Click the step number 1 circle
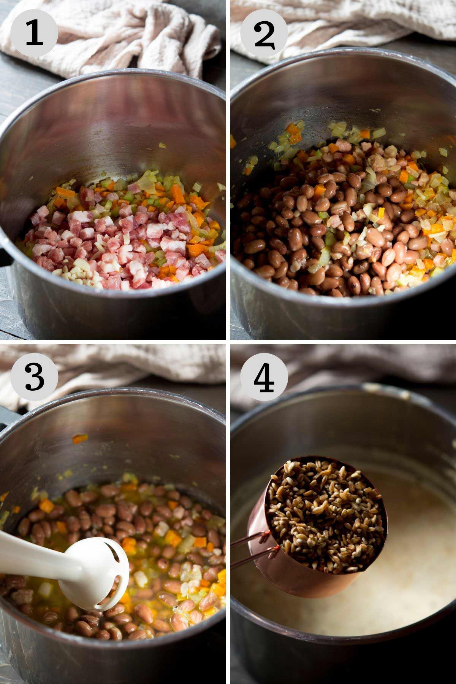[34, 33]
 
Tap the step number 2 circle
[264, 33]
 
